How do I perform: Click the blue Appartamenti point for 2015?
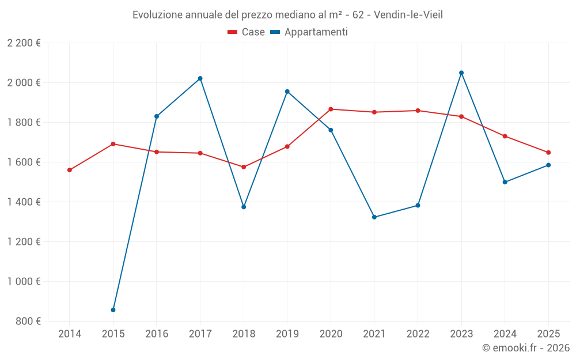coord(113,310)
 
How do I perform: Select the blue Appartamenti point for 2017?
coord(200,78)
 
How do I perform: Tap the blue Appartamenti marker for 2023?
coord(461,73)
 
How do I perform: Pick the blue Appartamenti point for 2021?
coord(374,217)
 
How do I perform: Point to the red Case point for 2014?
coord(70,170)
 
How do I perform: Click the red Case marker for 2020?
coord(331,109)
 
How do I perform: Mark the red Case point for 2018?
coord(244,167)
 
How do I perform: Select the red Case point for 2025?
coord(548,153)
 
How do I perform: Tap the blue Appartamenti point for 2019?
coord(287,92)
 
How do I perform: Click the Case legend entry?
coord(247,32)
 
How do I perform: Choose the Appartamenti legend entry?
coord(309,32)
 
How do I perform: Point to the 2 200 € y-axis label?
coord(24,43)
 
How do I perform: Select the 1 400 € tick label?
coord(24,202)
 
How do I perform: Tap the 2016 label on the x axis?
coord(157,334)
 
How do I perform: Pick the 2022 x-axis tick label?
coord(418,334)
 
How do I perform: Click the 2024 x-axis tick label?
coord(505,334)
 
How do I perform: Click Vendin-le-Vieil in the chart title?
coord(408,14)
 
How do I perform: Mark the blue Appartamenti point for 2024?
coord(505,182)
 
